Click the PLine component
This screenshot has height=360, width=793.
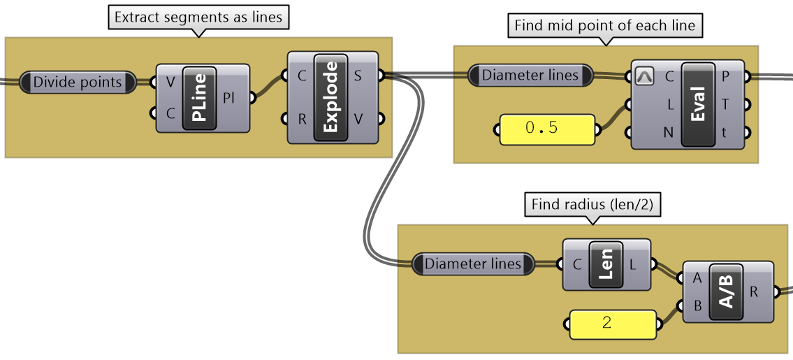[199, 98]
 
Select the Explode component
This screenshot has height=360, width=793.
[330, 97]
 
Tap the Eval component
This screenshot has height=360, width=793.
[698, 104]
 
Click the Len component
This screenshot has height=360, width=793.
[606, 264]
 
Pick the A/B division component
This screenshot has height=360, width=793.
[727, 291]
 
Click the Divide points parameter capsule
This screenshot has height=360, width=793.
[78, 82]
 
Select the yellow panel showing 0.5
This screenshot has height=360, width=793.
[548, 129]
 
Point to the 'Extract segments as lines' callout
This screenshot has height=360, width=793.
[198, 17]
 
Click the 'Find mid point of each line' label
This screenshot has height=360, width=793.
[604, 26]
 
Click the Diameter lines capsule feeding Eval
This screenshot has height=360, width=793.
[530, 75]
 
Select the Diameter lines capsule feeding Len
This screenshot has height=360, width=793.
[473, 264]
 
